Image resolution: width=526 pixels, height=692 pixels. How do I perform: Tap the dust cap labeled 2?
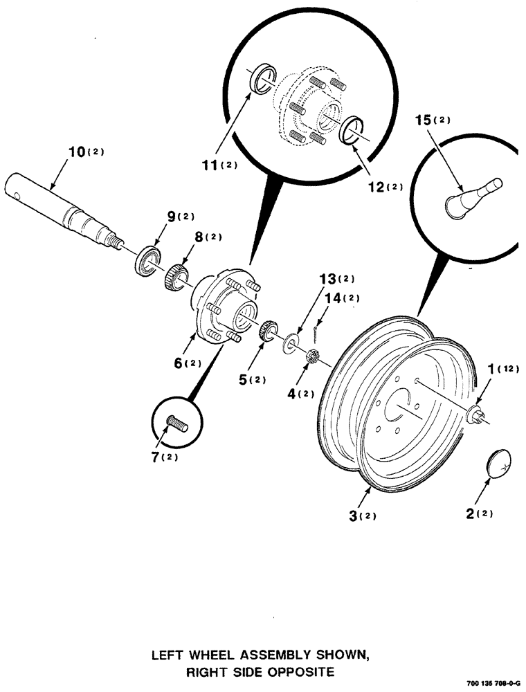pos(497,462)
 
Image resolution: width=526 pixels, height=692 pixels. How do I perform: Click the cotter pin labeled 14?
pos(315,334)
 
